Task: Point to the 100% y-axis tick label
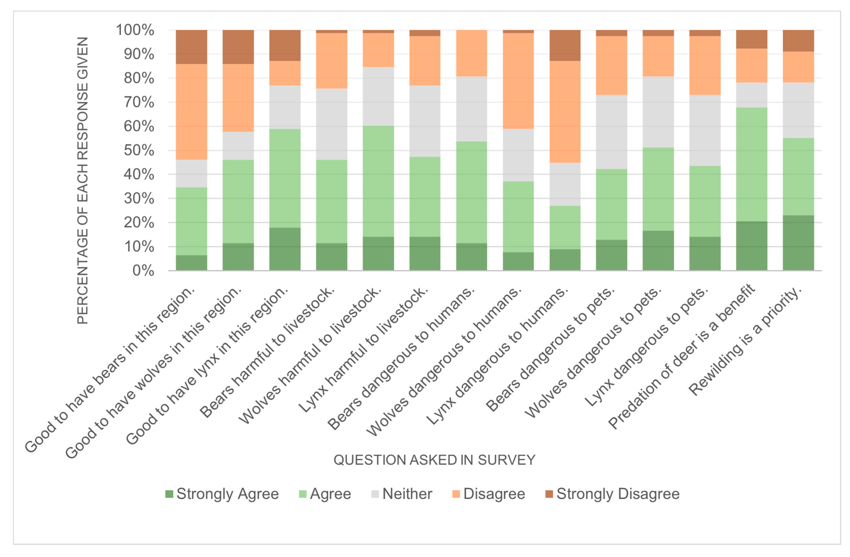pyautogui.click(x=135, y=30)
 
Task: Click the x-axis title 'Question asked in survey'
pyautogui.click(x=434, y=460)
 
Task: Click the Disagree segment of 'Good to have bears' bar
pyautogui.click(x=192, y=112)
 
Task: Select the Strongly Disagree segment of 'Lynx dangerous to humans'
pyautogui.click(x=565, y=45)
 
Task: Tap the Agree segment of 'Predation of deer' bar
pyautogui.click(x=751, y=164)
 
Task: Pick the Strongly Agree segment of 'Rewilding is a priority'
pyautogui.click(x=798, y=243)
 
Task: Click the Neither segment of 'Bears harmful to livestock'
pyautogui.click(x=331, y=124)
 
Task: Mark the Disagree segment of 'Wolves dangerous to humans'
pyautogui.click(x=518, y=81)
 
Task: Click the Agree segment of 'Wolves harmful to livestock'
pyautogui.click(x=378, y=181)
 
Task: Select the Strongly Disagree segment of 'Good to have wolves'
pyautogui.click(x=238, y=47)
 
